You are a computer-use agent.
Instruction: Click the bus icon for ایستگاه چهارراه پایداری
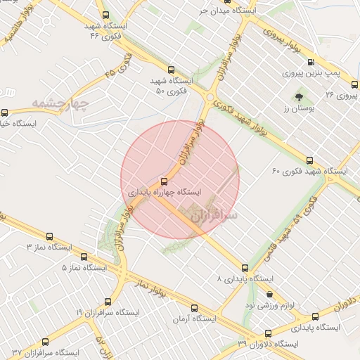[165, 180]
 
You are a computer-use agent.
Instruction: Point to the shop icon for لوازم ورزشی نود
[269, 295]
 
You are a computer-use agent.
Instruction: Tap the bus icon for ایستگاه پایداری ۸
[245, 268]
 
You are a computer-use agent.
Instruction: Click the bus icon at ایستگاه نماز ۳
[49, 237]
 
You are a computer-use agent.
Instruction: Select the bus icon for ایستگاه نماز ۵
[84, 257]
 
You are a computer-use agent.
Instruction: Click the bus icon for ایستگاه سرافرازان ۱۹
[107, 301]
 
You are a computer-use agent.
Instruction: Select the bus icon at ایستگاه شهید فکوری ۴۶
[105, 15]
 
